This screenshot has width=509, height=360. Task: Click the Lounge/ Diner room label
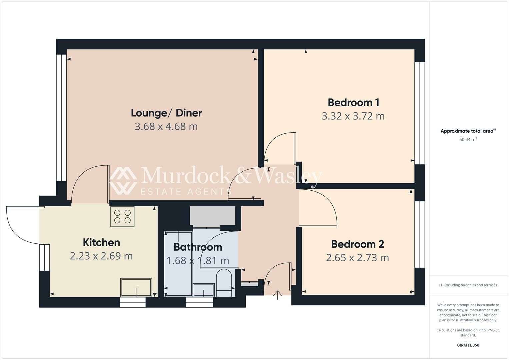point(166,113)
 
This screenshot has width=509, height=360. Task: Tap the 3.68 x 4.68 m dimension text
point(166,127)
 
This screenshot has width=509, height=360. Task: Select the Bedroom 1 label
point(353,102)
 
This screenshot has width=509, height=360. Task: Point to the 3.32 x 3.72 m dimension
point(353,116)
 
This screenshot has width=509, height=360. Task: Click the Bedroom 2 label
point(357,244)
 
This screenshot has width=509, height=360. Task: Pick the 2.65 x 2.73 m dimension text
point(357,258)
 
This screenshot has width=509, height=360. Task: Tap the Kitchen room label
point(101,242)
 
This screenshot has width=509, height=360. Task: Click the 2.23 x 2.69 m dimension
point(101,256)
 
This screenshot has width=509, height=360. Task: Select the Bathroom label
point(198,247)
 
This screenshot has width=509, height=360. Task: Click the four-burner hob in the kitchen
point(122,216)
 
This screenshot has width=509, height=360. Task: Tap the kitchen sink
point(136,287)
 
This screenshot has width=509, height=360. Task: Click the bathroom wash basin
point(204,290)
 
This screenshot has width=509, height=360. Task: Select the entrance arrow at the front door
point(277,295)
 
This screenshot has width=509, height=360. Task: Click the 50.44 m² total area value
point(468,140)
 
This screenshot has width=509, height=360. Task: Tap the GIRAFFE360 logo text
point(468,345)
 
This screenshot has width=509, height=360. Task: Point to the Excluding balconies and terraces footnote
point(468,285)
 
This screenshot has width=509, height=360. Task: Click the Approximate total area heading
point(468,131)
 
